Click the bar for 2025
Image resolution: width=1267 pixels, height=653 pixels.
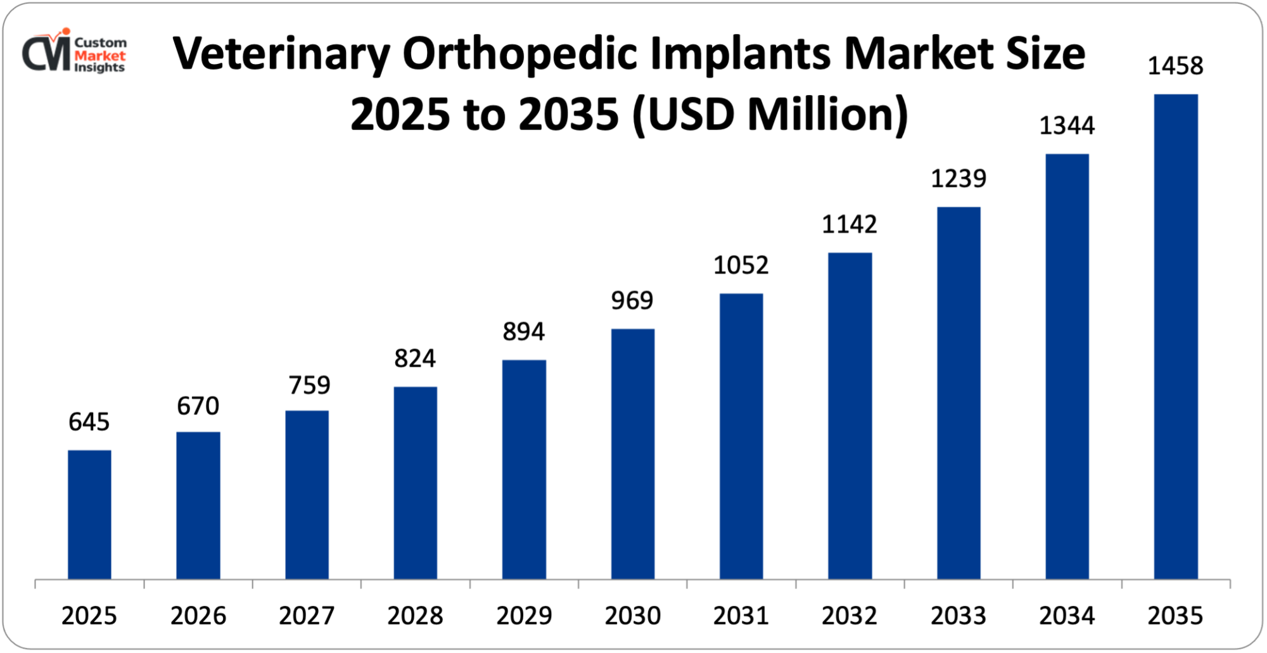coord(89,514)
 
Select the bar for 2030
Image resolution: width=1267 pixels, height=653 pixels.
coord(633,453)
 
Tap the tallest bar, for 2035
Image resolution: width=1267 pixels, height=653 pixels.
coord(1176,336)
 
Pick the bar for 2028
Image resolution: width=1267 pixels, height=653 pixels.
coord(415,483)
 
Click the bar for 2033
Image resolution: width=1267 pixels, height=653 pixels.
coord(958,393)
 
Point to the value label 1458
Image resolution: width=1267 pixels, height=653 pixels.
coord(1175,66)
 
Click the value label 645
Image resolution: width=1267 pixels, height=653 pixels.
coord(89,422)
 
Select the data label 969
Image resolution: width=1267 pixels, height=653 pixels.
coord(632,300)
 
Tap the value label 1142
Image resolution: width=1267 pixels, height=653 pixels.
coord(849,224)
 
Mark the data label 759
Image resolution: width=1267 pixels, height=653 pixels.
coord(309,385)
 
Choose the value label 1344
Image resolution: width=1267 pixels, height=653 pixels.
coord(1067,125)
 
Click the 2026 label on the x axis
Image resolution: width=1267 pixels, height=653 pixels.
coord(198,616)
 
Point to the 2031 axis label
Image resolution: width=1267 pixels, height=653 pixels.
coord(741,616)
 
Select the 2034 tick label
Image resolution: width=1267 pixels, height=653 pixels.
coord(1067,616)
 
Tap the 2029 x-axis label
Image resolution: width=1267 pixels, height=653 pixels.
coord(524,616)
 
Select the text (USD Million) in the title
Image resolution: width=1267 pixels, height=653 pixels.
coord(770,115)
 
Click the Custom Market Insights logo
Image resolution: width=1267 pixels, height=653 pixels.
coord(74,52)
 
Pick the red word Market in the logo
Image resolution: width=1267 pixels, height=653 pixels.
coord(99,56)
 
